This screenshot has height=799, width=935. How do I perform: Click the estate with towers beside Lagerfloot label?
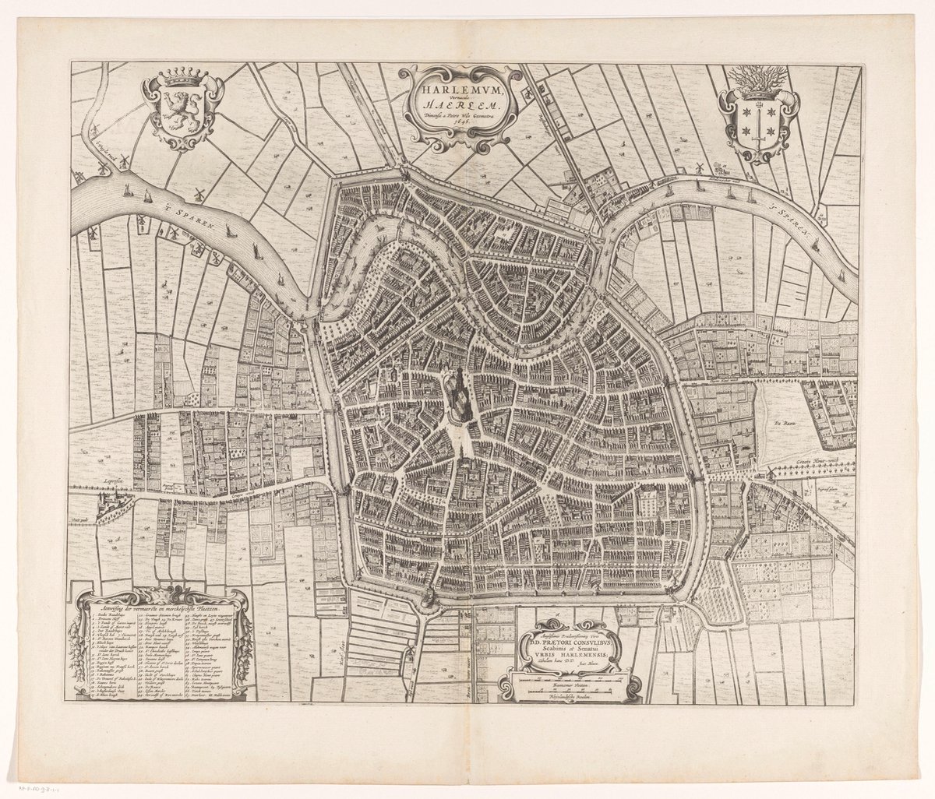[x=109, y=509]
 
